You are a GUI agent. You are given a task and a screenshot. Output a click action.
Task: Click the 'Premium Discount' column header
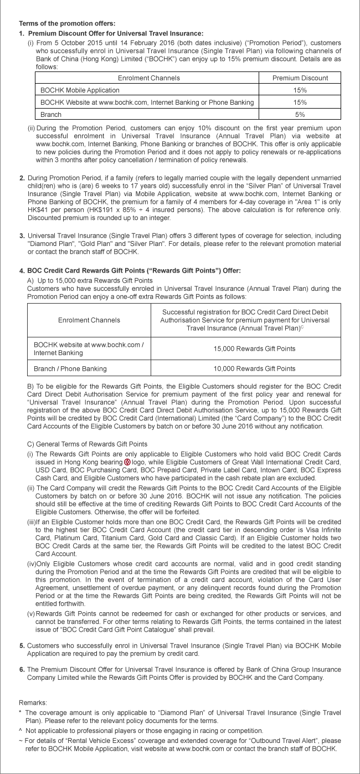[x=300, y=78]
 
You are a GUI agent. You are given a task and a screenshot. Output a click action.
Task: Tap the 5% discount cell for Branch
[x=300, y=114]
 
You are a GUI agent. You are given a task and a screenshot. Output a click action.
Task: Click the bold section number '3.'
[x=22, y=235]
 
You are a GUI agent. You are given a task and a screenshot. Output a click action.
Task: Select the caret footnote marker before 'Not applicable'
[x=20, y=731]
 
